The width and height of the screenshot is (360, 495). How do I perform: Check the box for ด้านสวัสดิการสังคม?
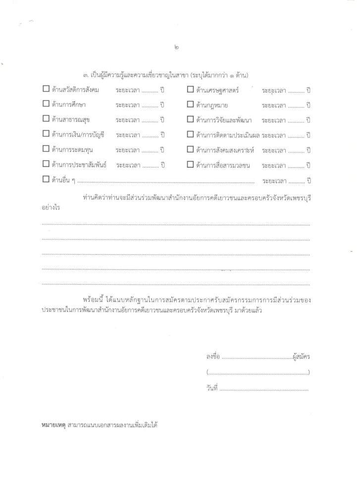click(x=46, y=89)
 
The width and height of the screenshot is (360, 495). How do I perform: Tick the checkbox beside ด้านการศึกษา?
click(x=46, y=104)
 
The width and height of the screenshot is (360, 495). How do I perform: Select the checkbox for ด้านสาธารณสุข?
click(x=46, y=119)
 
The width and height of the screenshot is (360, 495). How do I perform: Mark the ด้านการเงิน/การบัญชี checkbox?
click(x=46, y=134)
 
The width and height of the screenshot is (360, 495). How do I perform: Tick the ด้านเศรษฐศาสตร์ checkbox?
click(x=190, y=89)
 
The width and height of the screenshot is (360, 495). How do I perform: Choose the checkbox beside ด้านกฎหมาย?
click(x=190, y=104)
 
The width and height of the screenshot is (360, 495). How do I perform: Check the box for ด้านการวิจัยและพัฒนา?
click(x=190, y=119)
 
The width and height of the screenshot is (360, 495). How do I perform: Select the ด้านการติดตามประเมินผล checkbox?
click(x=190, y=134)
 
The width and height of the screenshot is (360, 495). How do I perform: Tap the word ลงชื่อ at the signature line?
click(x=212, y=356)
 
